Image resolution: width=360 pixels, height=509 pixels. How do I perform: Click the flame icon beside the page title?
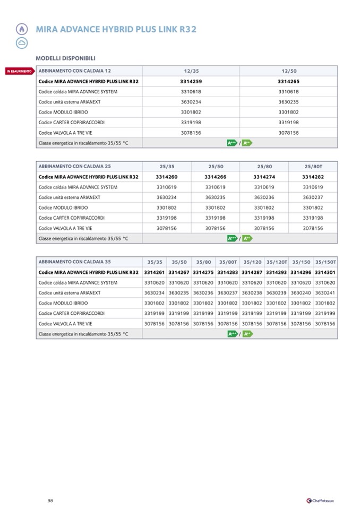21,30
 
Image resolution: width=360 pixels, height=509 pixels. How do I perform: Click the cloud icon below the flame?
21,42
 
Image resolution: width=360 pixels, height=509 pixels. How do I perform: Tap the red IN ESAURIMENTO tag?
19,71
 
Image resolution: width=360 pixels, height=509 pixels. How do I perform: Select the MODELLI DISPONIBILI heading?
65,58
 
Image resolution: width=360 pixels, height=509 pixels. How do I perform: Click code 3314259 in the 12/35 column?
191,81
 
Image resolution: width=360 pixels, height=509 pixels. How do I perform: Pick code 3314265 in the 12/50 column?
288,81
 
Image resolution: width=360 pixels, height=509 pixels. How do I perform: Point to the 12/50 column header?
289,71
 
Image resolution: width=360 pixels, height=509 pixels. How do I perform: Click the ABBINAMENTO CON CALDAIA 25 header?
74,166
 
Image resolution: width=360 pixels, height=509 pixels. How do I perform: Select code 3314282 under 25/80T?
313,177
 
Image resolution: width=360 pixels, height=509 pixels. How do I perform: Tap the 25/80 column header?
264,166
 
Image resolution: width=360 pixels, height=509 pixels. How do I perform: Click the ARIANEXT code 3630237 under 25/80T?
313,197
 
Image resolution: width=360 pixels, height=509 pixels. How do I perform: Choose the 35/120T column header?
277,262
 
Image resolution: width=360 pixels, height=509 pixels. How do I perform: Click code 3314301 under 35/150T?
325,272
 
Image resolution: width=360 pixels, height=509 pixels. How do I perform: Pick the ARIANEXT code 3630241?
325,293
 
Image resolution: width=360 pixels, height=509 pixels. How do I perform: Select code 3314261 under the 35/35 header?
155,272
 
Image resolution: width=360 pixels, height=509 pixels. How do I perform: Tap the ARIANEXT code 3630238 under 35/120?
252,293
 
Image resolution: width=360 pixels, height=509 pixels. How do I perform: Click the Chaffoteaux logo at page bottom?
321,500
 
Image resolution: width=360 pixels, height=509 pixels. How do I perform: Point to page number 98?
50,500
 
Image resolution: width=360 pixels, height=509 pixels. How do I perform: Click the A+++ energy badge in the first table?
232,143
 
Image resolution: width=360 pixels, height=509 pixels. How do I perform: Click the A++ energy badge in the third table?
247,334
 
